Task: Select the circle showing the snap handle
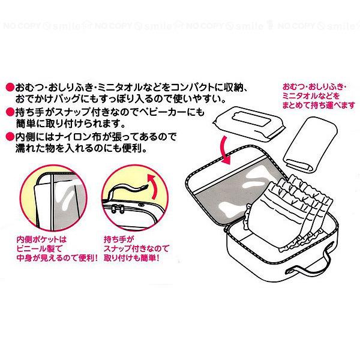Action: click(x=131, y=198)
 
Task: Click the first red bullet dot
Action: click(x=10, y=85)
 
